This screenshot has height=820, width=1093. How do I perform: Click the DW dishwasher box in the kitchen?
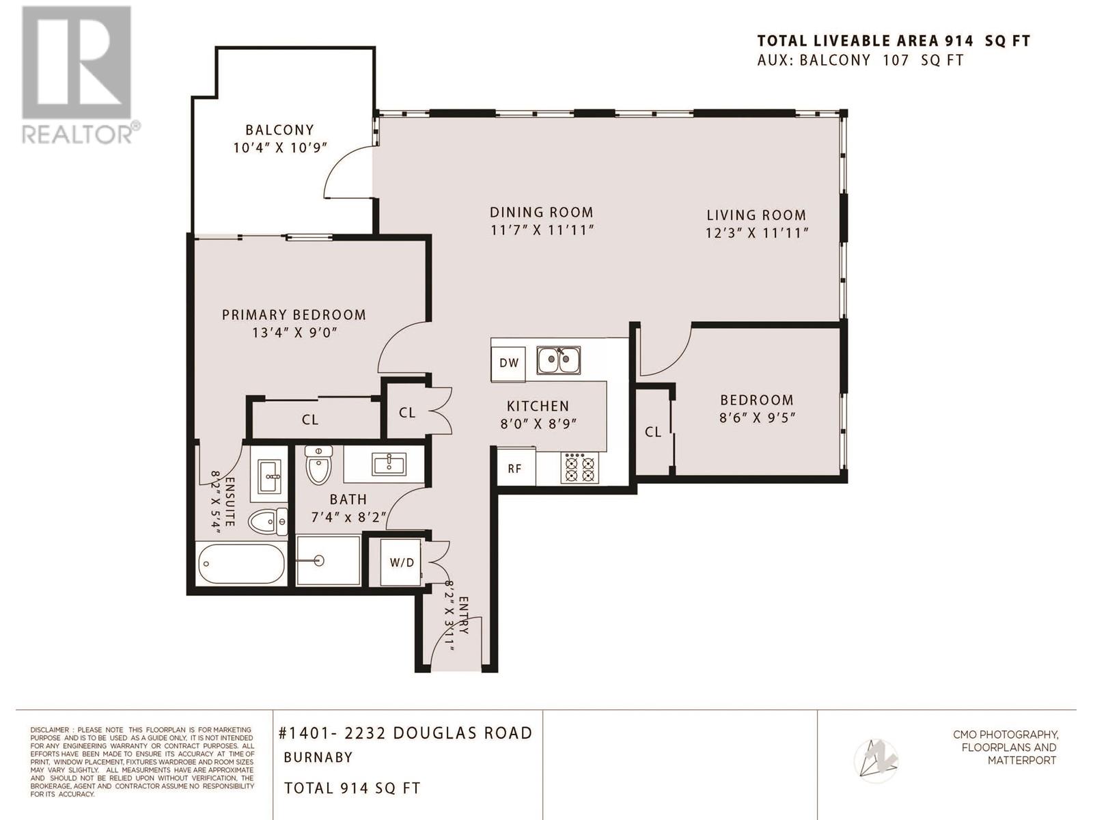click(508, 364)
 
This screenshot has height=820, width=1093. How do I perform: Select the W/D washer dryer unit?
click(402, 562)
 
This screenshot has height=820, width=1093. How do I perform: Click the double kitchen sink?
click(559, 361)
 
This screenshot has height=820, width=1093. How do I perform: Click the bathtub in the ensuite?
click(242, 564)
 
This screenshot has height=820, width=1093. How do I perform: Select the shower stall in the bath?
click(328, 560)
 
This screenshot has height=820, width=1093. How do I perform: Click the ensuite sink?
click(269, 476)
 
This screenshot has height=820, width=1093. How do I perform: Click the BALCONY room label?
click(280, 130)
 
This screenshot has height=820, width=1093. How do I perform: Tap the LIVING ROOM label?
click(756, 215)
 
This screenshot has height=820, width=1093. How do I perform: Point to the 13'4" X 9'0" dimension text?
click(295, 332)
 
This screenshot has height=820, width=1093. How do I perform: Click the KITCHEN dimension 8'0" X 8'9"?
click(538, 424)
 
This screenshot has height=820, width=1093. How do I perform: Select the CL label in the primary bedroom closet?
click(309, 420)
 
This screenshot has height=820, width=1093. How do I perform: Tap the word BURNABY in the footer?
click(318, 757)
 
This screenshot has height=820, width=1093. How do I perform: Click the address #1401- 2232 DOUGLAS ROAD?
click(405, 733)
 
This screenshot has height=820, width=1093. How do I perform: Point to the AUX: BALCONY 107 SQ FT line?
click(861, 60)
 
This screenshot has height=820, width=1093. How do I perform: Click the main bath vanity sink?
click(389, 464)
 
